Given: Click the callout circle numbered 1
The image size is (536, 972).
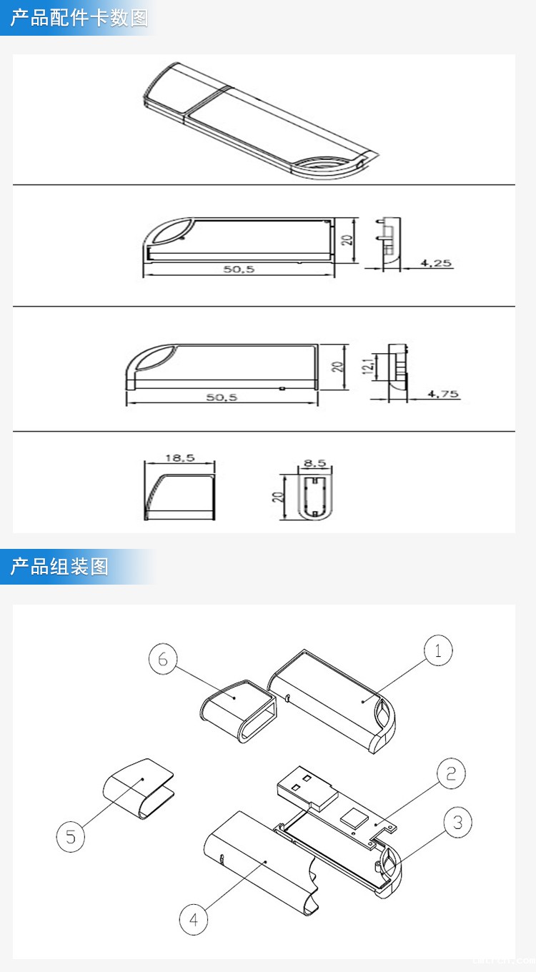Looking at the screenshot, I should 438,651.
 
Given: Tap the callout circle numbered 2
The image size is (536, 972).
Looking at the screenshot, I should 451,773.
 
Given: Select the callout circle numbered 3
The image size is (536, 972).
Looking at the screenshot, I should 457,823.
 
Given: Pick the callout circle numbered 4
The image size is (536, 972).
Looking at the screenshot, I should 194,919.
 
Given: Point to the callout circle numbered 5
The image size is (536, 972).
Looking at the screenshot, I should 70,837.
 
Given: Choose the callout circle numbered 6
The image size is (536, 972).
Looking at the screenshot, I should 163,659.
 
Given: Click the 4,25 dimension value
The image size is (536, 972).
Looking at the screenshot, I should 435,262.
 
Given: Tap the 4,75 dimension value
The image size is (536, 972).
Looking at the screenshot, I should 443,394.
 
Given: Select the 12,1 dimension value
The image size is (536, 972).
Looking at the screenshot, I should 367,366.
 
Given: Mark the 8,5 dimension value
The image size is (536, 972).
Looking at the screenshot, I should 314,463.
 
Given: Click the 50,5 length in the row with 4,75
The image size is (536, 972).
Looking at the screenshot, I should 222,397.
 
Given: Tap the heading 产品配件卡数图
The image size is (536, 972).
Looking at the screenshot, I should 79,18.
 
